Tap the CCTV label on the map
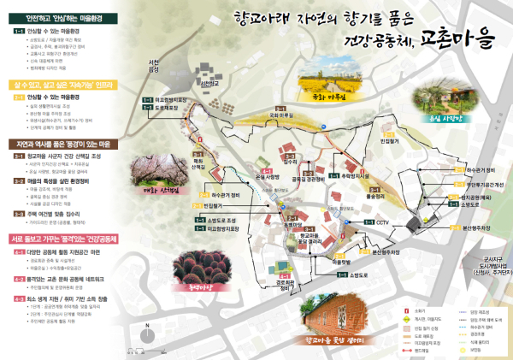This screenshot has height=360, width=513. [x=382, y=222]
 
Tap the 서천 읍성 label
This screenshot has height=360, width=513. [x=155, y=66]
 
